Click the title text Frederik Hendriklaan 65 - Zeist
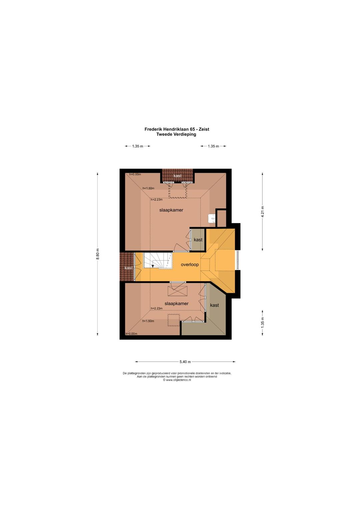click(x=177, y=129)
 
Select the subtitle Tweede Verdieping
click(x=176, y=134)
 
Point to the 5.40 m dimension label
click(x=185, y=362)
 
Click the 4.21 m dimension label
click(x=263, y=212)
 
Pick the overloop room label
click(x=190, y=265)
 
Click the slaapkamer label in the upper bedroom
click(x=171, y=210)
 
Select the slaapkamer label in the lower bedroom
click(x=176, y=304)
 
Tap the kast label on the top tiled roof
click(x=178, y=176)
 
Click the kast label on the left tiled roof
click(x=129, y=268)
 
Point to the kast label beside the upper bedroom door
click(x=198, y=239)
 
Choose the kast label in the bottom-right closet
click(x=214, y=305)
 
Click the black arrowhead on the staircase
click(x=153, y=266)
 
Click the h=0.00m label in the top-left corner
click(x=135, y=174)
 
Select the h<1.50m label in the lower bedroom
click(x=148, y=321)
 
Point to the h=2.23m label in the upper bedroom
click(x=157, y=199)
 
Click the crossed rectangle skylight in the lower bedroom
click(x=178, y=291)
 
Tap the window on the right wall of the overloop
click(x=238, y=260)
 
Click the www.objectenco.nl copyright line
click(x=177, y=380)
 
